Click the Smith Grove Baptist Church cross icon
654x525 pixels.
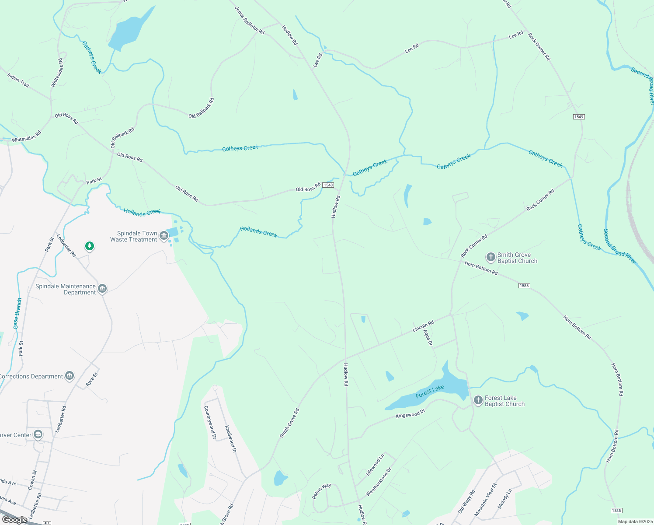491,257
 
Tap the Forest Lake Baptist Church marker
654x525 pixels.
478,400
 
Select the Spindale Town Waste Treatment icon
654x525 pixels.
164,236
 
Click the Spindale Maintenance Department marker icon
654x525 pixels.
102,289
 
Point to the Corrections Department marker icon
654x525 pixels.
70,376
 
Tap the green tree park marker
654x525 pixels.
90,246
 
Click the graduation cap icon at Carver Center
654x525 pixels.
38,434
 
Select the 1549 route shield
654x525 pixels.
579,117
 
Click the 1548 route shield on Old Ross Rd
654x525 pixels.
328,185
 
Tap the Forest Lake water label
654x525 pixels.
429,392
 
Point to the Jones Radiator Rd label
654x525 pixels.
250,21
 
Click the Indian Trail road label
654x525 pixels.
18,80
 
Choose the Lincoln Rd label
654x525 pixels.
423,326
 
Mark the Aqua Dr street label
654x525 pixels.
428,337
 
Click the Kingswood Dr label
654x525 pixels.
410,414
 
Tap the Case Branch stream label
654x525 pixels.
17,313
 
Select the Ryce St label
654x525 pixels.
92,379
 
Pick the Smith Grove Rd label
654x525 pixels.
289,423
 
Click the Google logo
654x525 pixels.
14,519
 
